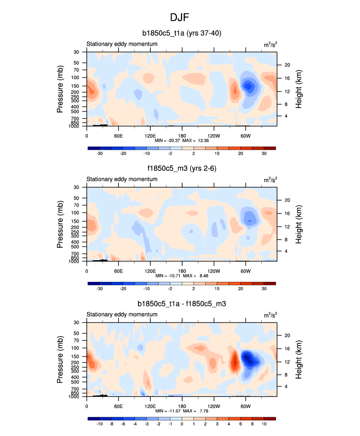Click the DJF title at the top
[x=180, y=18]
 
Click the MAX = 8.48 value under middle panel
[x=194, y=276]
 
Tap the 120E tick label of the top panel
[x=150, y=135]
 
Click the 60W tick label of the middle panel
[x=246, y=271]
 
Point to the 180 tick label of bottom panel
[x=182, y=406]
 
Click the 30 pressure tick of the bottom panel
[x=77, y=323]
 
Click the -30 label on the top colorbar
[x=100, y=154]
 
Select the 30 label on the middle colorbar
[x=263, y=289]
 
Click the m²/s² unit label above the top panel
[x=270, y=44]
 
